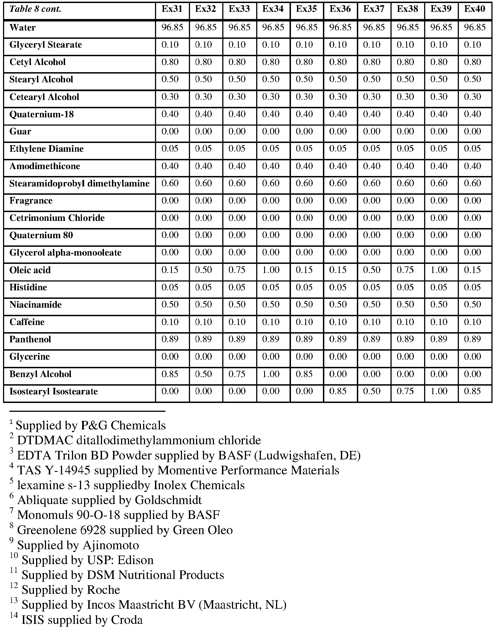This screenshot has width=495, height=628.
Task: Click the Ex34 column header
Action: click(273, 9)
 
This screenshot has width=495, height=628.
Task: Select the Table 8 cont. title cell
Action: click(35, 9)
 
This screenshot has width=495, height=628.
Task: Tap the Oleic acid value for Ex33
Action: click(237, 270)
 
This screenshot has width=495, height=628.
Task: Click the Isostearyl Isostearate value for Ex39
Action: click(439, 391)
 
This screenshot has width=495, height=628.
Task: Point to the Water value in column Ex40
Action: click(474, 28)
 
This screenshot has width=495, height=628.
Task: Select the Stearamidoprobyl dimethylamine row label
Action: click(79, 183)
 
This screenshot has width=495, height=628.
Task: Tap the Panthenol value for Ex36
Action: click(338, 339)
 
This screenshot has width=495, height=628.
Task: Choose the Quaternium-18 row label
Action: click(41, 114)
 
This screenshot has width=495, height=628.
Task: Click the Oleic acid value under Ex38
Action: click(405, 270)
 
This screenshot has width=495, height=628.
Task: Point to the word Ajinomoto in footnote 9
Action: click(111, 545)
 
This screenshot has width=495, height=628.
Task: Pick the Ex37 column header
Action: click(374, 9)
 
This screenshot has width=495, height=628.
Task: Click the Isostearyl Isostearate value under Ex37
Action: click(371, 391)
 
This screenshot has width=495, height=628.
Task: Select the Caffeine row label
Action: click(27, 322)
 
